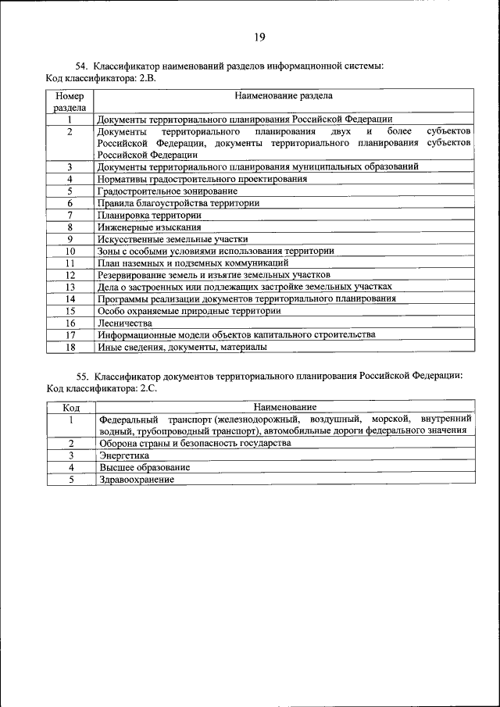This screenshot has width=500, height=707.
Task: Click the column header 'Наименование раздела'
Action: [x=284, y=96]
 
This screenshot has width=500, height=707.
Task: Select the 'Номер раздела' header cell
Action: [x=70, y=102]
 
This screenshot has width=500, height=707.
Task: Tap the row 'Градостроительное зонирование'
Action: [x=167, y=191]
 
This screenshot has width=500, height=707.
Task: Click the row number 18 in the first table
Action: [x=70, y=346]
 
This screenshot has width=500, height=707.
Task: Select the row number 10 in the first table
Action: [x=70, y=251]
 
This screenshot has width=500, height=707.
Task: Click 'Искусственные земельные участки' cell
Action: [x=172, y=239]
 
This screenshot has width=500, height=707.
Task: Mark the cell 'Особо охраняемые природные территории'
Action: [x=188, y=310]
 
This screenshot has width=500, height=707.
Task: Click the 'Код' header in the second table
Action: [x=70, y=407]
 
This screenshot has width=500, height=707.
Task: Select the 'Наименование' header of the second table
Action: [x=284, y=407]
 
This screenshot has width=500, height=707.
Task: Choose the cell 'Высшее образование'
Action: [x=144, y=467]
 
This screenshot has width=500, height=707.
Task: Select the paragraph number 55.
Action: [x=82, y=376]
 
